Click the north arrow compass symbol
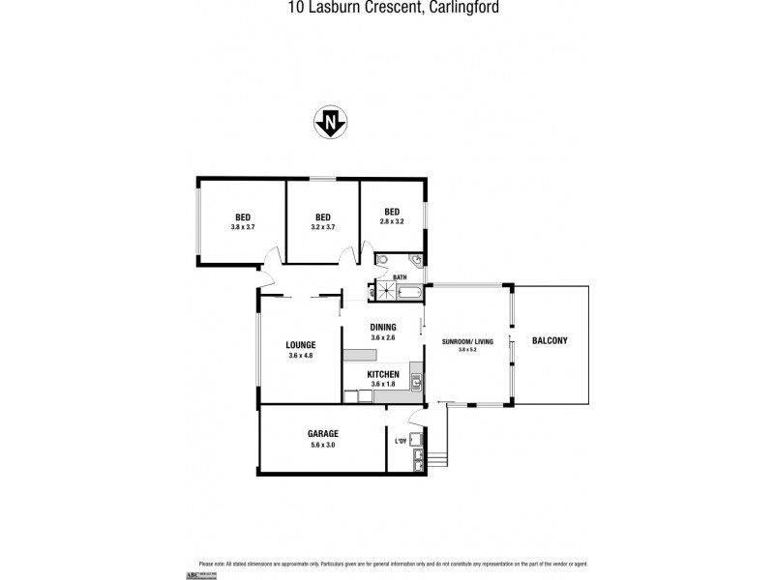pyautogui.click(x=331, y=123)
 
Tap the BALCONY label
pyautogui.click(x=549, y=340)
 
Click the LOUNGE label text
pyautogui.click(x=301, y=344)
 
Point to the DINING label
pyautogui.click(x=383, y=327)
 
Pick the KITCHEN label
pyautogui.click(x=383, y=374)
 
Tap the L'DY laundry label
pyautogui.click(x=401, y=443)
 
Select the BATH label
pyautogui.click(x=400, y=277)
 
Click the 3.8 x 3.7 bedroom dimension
pyautogui.click(x=243, y=227)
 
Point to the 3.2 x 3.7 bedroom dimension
pyautogui.click(x=323, y=227)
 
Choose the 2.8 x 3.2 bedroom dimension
pyautogui.click(x=392, y=221)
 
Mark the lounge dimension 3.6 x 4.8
pyautogui.click(x=301, y=356)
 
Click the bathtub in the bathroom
pyautogui.click(x=409, y=292)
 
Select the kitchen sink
pyautogui.click(x=416, y=381)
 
